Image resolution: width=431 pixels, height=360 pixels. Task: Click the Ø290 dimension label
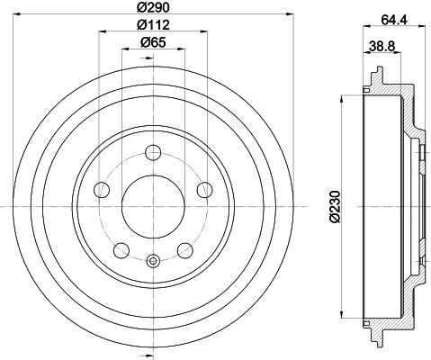pyautogui.click(x=153, y=7)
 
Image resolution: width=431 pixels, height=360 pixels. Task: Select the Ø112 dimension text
pyautogui.click(x=153, y=24)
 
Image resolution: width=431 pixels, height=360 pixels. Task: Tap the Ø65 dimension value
pyautogui.click(x=153, y=42)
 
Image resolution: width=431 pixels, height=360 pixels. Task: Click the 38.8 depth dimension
pyautogui.click(x=382, y=47)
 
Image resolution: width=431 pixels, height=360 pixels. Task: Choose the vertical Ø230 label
pyautogui.click(x=335, y=207)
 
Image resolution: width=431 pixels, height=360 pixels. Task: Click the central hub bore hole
pyautogui.click(x=153, y=207)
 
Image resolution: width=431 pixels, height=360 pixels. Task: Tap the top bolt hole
pyautogui.click(x=153, y=153)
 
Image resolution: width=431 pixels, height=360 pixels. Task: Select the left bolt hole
pyautogui.click(x=102, y=190)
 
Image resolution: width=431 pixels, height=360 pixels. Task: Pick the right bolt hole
pyautogui.click(x=205, y=190)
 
